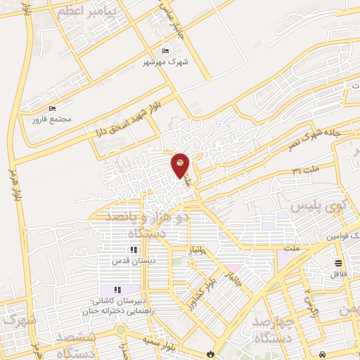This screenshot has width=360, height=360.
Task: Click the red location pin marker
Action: pyautogui.click(x=181, y=165)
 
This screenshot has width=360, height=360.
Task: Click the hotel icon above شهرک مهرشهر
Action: pyautogui.click(x=166, y=51)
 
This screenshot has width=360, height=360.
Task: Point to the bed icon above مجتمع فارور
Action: pyautogui.click(x=52, y=108)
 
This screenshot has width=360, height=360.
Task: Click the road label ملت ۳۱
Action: pyautogui.click(x=306, y=172)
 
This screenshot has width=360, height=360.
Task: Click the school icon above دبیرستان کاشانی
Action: pyautogui.click(x=118, y=290)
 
